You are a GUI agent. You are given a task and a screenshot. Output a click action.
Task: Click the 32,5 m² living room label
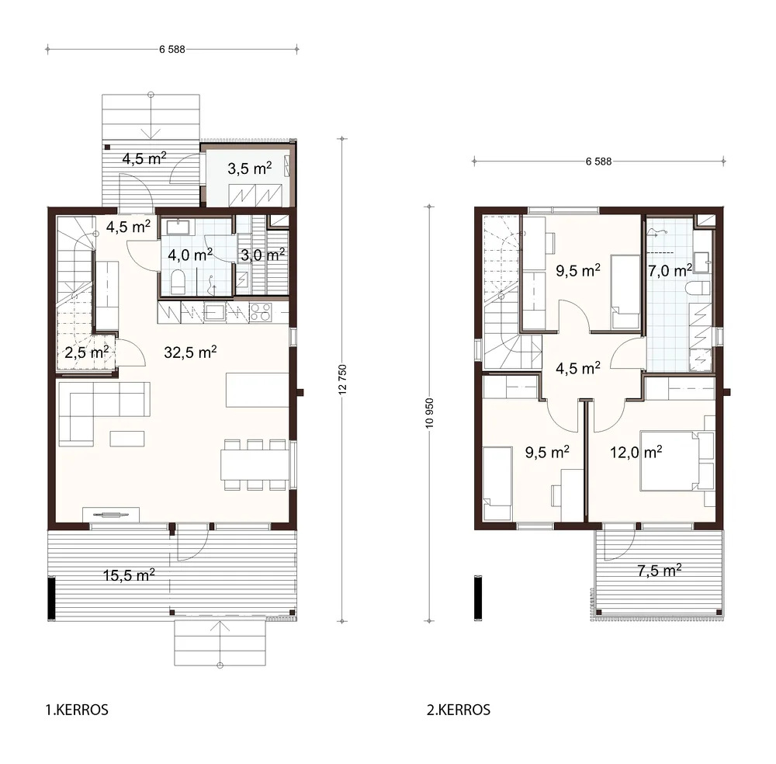tap(191, 352)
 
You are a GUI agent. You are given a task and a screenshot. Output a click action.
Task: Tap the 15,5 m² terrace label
tap(129, 575)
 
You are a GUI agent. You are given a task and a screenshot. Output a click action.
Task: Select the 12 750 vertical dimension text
tap(342, 380)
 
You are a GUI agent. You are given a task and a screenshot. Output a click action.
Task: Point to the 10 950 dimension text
tap(429, 413)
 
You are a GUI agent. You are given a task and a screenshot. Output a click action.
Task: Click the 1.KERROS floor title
tap(77, 710)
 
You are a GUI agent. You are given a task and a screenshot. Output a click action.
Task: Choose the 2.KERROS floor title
tap(459, 710)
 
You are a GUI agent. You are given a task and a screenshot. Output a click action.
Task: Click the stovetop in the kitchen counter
tap(260, 312)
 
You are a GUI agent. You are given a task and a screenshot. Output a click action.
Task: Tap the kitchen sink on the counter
tap(215, 312)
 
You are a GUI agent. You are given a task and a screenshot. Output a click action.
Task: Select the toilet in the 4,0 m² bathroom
tap(178, 282)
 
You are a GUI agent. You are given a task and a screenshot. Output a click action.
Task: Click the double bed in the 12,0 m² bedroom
tap(677, 461)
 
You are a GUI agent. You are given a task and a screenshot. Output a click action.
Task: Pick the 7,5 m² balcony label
tap(659, 571)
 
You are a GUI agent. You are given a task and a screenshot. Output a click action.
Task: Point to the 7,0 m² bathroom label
tap(670, 270)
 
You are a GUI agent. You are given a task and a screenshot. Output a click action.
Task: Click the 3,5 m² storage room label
tap(249, 168)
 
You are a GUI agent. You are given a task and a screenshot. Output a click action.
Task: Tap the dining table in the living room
tap(255, 464)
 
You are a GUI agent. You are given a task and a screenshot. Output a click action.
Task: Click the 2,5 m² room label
tap(87, 352)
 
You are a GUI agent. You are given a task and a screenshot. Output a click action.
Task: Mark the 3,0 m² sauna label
tap(263, 255)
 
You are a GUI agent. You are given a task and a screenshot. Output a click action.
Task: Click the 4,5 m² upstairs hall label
tap(578, 368)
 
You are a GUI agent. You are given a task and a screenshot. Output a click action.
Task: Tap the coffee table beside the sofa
tap(127, 439)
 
